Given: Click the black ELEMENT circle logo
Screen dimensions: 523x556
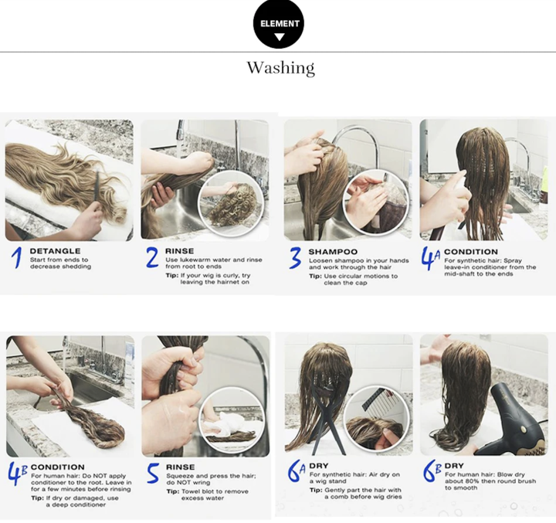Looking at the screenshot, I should click(279, 25).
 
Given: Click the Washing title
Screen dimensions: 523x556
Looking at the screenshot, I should click(280, 68).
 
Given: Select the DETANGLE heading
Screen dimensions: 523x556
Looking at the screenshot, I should click(56, 251).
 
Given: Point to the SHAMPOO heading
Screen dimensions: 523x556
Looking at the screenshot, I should click(333, 252).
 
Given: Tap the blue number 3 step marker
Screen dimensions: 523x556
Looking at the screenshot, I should click(295, 259).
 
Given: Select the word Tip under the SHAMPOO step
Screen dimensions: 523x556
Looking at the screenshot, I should click(316, 276).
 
